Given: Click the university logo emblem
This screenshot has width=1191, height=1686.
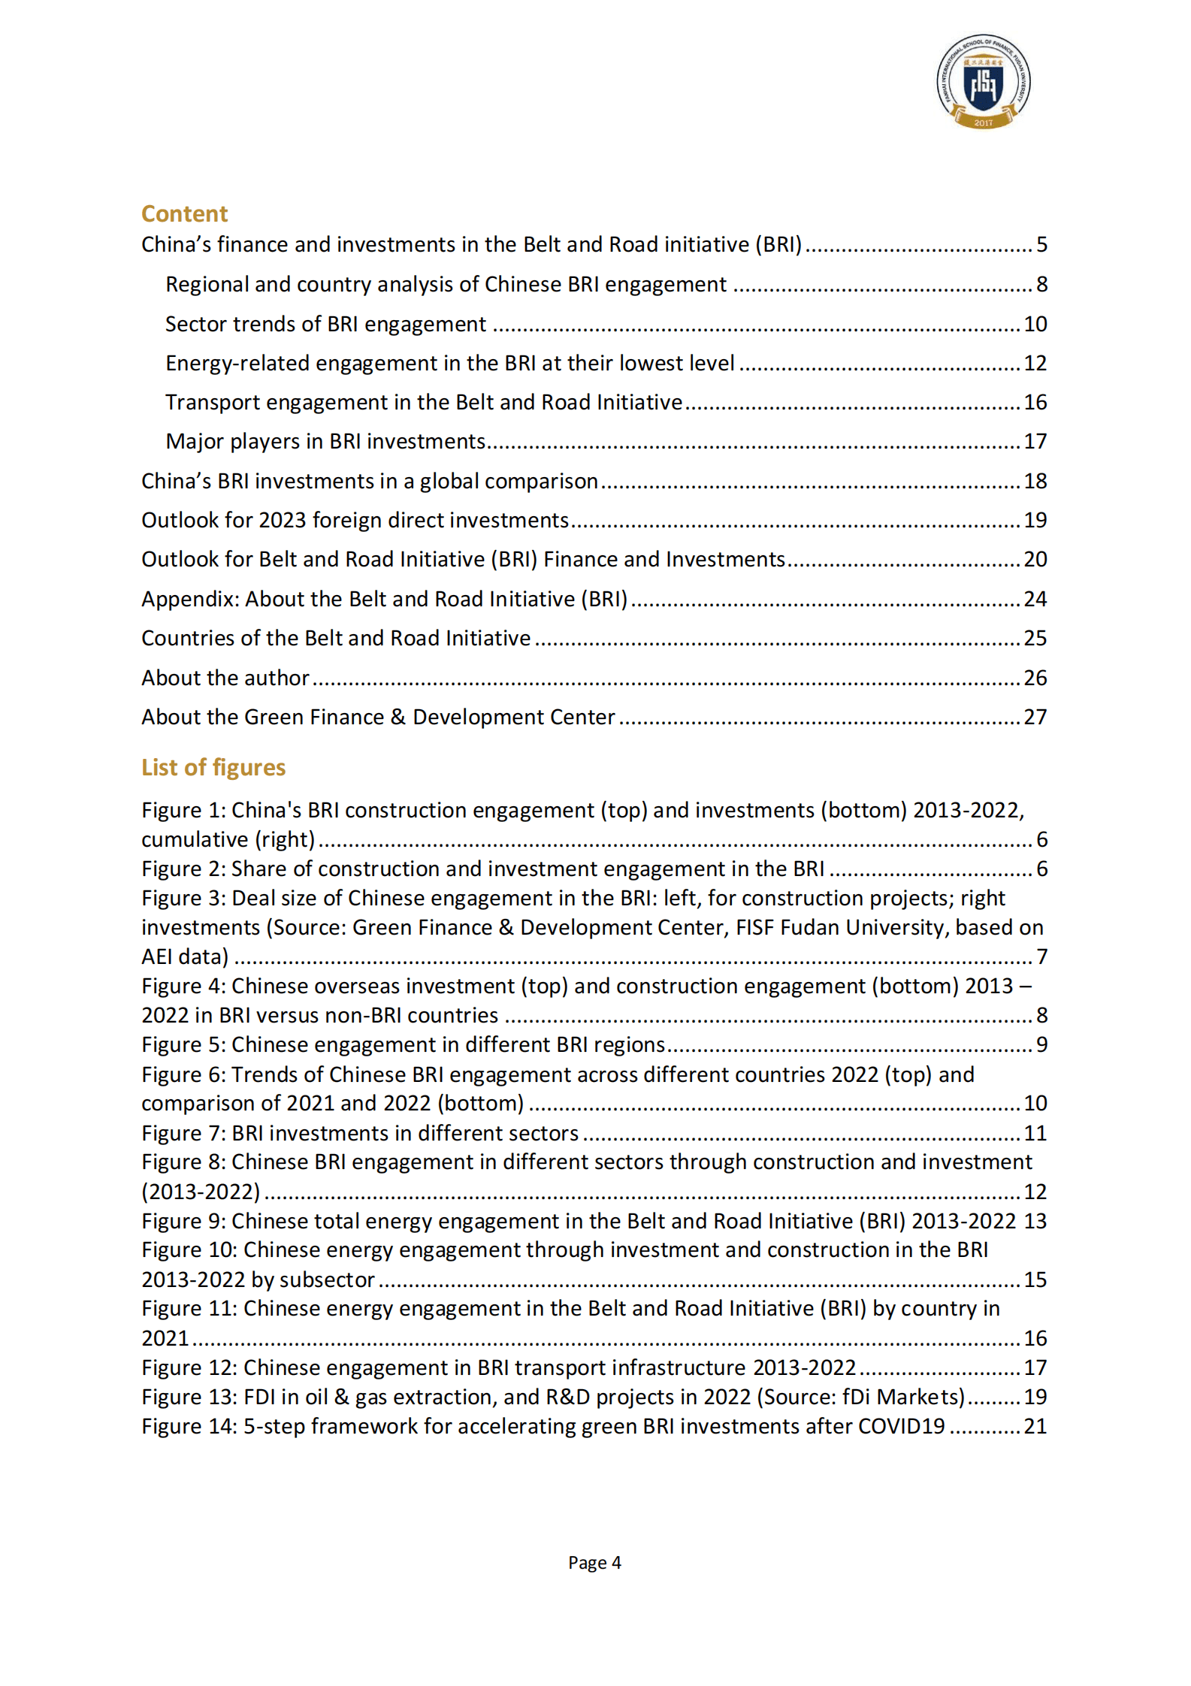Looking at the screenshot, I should (983, 82).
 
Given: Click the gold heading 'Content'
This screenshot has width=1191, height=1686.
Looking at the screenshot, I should (184, 214).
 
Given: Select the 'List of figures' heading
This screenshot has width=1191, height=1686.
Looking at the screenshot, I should (213, 767).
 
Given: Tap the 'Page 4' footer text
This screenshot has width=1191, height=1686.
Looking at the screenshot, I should (594, 1563).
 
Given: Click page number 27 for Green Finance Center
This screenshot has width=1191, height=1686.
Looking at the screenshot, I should (1035, 717).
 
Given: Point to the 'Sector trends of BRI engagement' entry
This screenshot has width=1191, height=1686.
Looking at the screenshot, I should (325, 324).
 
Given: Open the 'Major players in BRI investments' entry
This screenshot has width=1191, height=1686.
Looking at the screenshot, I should (325, 441).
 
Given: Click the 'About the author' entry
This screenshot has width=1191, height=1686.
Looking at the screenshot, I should (225, 678).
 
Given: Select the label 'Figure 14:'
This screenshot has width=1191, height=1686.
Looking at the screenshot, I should (189, 1426).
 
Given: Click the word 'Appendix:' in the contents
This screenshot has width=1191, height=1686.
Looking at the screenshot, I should (191, 599).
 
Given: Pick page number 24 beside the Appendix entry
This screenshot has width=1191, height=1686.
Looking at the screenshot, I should (1035, 599).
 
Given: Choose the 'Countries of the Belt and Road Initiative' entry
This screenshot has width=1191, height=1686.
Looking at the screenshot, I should (336, 638).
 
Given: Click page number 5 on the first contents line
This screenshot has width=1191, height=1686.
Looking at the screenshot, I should (1041, 244).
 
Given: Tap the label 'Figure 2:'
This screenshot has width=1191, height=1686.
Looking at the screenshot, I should (183, 869).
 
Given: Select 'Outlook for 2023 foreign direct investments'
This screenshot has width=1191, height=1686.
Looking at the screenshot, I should (355, 520).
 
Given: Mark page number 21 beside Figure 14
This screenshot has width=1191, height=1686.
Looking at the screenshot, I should (1035, 1426).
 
